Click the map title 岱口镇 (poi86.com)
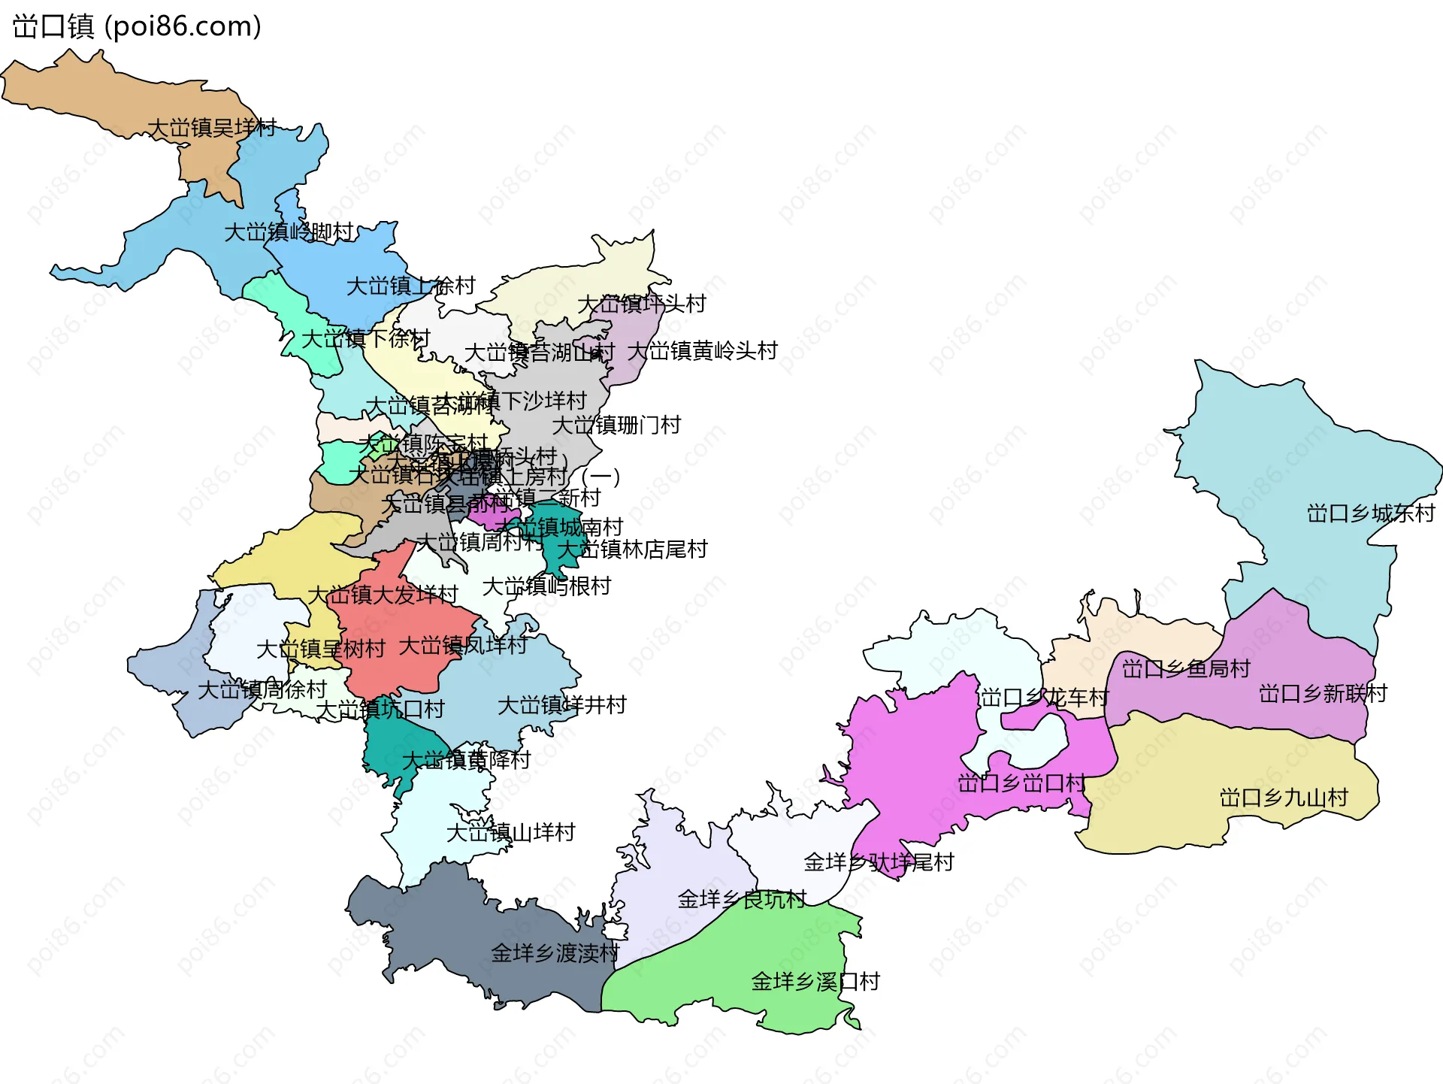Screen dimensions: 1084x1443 pyautogui.click(x=137, y=27)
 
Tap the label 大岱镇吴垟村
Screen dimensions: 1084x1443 pyautogui.click(x=213, y=128)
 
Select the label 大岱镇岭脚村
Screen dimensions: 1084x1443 pyautogui.click(x=289, y=232)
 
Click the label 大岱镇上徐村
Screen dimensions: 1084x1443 pyautogui.click(x=410, y=286)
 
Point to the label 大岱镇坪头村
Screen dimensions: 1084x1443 pyautogui.click(x=641, y=304)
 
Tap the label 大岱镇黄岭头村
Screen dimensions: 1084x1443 pyautogui.click(x=702, y=351)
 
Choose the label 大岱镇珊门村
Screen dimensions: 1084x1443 pyautogui.click(x=616, y=425)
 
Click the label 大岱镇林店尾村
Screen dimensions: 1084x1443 pyautogui.click(x=632, y=550)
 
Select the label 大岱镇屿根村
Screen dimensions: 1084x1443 pyautogui.click(x=546, y=586)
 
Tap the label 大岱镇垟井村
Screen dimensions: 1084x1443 pyautogui.click(x=561, y=705)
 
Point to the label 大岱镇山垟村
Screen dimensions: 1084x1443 pyautogui.click(x=510, y=832)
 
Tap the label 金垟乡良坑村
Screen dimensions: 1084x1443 pyautogui.click(x=742, y=899)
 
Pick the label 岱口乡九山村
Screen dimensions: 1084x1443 pyautogui.click(x=1284, y=798)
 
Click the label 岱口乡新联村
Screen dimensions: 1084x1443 pyautogui.click(x=1323, y=693)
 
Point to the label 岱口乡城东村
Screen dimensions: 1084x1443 pyautogui.click(x=1371, y=513)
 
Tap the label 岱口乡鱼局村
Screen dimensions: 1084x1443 pyautogui.click(x=1186, y=668)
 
